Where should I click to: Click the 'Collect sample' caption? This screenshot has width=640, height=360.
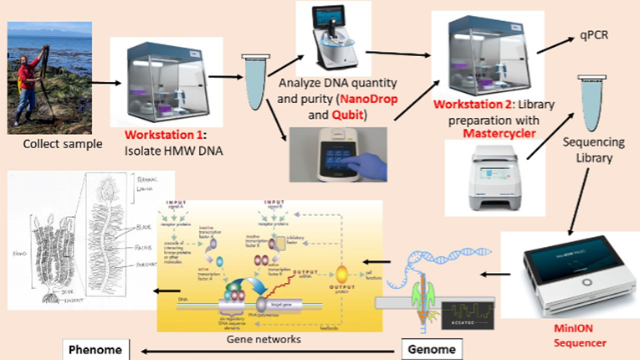[62, 144]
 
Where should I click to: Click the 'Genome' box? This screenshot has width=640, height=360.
[437, 348]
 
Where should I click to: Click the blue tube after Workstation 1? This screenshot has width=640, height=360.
[252, 80]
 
